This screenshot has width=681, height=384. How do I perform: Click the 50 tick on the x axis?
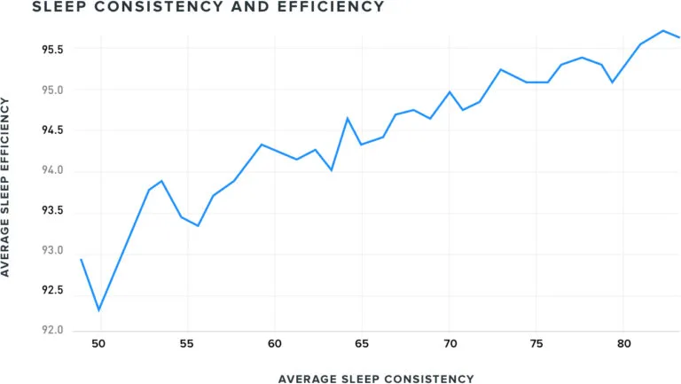pyautogui.click(x=98, y=344)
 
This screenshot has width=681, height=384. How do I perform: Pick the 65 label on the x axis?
pyautogui.click(x=362, y=344)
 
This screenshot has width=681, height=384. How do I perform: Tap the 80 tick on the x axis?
pyautogui.click(x=624, y=344)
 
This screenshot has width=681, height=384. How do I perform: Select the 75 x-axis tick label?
pyautogui.click(x=536, y=344)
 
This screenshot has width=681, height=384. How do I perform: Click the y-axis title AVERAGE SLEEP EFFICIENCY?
pyautogui.click(x=7, y=187)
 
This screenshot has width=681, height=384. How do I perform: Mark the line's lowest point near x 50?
pyautogui.click(x=98, y=310)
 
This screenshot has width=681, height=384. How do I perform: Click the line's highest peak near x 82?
pyautogui.click(x=662, y=30)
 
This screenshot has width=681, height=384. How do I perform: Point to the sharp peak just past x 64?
pyautogui.click(x=348, y=118)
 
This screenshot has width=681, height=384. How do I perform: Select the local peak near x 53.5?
pyautogui.click(x=161, y=181)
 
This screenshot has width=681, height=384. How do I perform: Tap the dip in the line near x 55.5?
pyautogui.click(x=198, y=226)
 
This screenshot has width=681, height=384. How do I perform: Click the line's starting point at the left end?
pyautogui.click(x=81, y=259)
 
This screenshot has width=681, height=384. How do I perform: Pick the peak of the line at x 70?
pyautogui.click(x=450, y=91)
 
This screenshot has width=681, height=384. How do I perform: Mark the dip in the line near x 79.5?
pyautogui.click(x=612, y=82)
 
